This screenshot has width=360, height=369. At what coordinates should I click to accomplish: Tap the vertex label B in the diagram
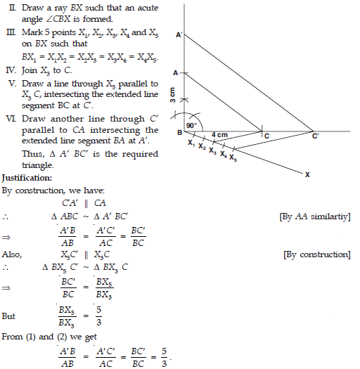pos(179,133)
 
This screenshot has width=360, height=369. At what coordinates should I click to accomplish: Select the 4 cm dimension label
pos(220,134)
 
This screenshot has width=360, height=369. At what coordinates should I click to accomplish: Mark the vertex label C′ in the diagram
pos(316,138)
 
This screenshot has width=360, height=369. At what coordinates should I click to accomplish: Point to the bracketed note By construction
pos(316,254)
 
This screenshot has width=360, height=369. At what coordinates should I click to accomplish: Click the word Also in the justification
pos(11,254)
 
